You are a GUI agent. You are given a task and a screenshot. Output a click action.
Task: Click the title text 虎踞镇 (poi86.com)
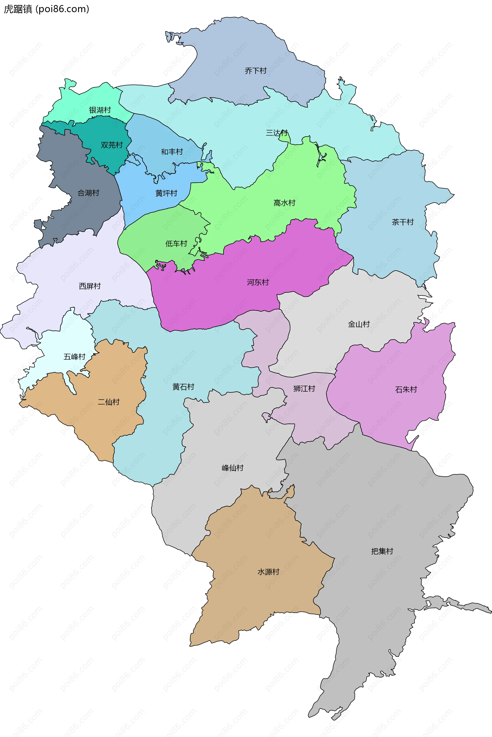tap(46, 9)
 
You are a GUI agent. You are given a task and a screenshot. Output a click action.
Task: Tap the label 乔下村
tap(255, 71)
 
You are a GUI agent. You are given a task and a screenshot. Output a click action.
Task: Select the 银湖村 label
tap(100, 110)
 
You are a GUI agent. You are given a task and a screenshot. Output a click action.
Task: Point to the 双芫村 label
tap(111, 145)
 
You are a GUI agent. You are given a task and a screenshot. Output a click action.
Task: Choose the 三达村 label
tap(276, 133)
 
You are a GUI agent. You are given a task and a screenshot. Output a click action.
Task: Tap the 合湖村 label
tap(88, 193)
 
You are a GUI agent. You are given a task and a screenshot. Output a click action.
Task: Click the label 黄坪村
tap(166, 193)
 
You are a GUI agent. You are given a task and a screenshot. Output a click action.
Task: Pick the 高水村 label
tap(284, 203)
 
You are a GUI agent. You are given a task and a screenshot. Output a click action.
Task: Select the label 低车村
tap(176, 244)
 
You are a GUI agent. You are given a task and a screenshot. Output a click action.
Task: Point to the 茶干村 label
tap(403, 222)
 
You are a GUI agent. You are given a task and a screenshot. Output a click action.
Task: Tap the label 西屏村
tap(90, 286)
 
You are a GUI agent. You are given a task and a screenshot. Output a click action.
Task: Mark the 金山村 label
tap(359, 324)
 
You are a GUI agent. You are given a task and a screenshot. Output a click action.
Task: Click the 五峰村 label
tap(74, 357)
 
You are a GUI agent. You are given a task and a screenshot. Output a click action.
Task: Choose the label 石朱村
tap(406, 390)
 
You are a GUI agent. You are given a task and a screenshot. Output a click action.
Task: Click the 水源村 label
tap(268, 572)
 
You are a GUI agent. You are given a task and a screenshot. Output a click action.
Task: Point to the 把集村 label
tap(382, 551)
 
